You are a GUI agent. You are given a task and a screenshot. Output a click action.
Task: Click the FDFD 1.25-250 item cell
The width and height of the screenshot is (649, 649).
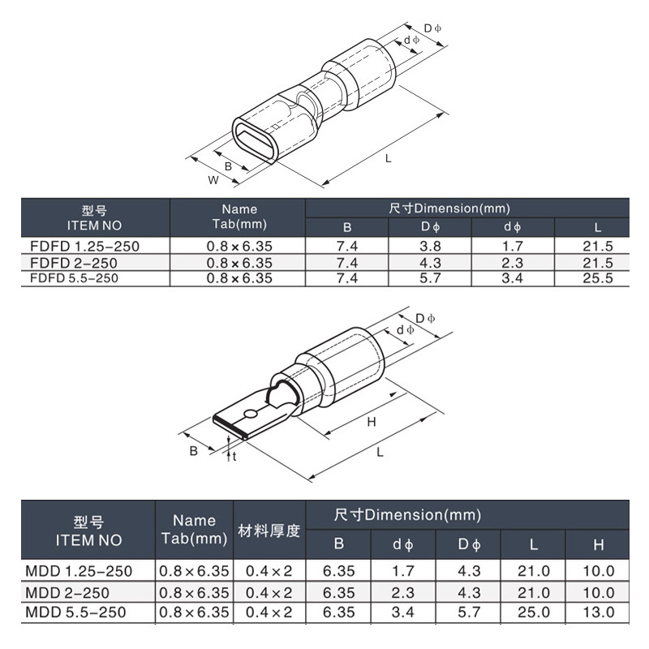click(85, 247)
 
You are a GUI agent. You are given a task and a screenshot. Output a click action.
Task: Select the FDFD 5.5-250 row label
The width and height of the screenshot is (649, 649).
click(74, 278)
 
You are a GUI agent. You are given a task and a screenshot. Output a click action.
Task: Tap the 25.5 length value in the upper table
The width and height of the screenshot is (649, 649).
click(597, 278)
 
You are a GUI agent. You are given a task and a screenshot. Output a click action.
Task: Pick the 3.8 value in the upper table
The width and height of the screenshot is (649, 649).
click(430, 247)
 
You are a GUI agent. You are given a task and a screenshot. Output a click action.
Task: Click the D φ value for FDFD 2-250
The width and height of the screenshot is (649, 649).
click(430, 263)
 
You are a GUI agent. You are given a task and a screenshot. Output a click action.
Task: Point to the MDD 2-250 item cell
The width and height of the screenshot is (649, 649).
click(67, 593)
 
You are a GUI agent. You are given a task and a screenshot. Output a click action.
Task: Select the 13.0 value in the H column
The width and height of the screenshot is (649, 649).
click(598, 612)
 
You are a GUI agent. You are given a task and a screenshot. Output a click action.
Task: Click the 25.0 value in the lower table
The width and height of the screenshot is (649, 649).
click(534, 612)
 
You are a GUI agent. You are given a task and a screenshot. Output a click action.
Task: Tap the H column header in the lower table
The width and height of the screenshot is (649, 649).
click(598, 544)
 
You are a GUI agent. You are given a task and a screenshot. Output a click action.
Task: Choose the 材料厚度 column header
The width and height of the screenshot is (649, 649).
click(269, 531)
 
